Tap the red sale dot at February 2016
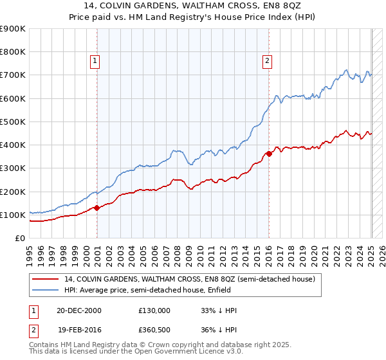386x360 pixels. [269, 154]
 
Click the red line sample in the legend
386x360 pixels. [44, 280]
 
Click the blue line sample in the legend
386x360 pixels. [44, 291]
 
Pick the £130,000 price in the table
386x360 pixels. [154, 310]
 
